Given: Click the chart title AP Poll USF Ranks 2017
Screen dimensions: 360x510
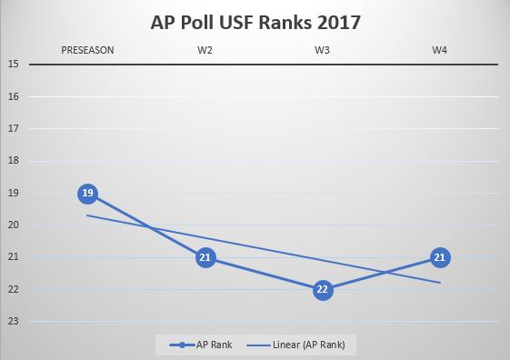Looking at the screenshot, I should [255, 22].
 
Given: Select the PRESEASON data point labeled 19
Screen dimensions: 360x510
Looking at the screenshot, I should [87, 194].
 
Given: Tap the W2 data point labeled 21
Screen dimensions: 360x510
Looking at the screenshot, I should [205, 258].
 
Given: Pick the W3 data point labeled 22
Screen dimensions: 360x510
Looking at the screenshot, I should [322, 290].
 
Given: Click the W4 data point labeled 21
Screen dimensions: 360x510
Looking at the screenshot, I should [439, 258].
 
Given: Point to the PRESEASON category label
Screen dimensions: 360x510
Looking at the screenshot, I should [87, 50].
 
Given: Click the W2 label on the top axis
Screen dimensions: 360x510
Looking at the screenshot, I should [205, 50].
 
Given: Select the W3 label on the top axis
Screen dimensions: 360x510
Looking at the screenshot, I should [322, 50].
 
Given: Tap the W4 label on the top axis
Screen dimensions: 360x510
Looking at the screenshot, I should [439, 50].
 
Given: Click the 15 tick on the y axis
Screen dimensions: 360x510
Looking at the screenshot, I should [14, 65].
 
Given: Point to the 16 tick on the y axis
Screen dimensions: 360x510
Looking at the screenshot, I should [14, 96].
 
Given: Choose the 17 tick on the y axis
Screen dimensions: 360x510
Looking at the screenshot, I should [14, 129].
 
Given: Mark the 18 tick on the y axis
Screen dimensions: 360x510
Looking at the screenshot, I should [14, 161].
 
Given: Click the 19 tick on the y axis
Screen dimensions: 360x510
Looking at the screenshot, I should [14, 194].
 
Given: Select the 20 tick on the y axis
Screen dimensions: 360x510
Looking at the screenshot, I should [14, 225].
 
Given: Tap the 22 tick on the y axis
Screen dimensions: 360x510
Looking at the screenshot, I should [14, 290].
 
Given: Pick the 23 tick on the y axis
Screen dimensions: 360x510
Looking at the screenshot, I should [14, 322].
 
